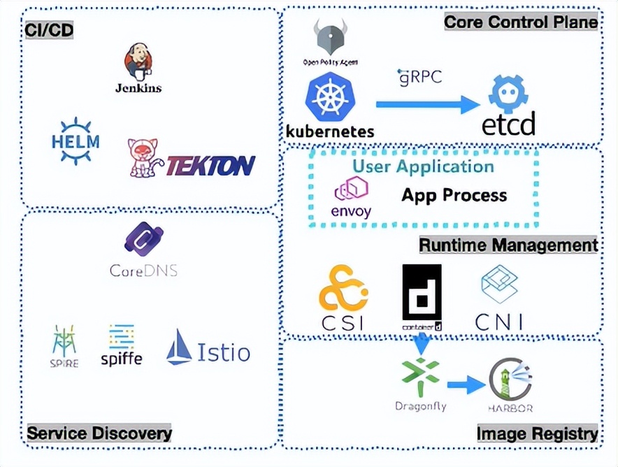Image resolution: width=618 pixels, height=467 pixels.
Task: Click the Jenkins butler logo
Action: [138, 62]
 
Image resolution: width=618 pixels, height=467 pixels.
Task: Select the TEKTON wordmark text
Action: [210, 166]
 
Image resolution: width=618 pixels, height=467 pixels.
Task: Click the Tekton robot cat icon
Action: [145, 157]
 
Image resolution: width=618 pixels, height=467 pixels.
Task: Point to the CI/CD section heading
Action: [48, 30]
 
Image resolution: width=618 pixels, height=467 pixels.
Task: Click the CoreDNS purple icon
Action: [143, 239]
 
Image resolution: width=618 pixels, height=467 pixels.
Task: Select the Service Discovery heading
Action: [99, 433]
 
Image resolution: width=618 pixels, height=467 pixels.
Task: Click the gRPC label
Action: [419, 76]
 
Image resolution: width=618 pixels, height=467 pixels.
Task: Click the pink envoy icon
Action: [352, 189]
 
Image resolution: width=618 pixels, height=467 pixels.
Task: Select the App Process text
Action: [454, 195]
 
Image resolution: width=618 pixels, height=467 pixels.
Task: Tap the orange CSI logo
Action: [343, 288]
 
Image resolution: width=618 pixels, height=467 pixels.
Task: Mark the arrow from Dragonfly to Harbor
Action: [466, 383]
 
